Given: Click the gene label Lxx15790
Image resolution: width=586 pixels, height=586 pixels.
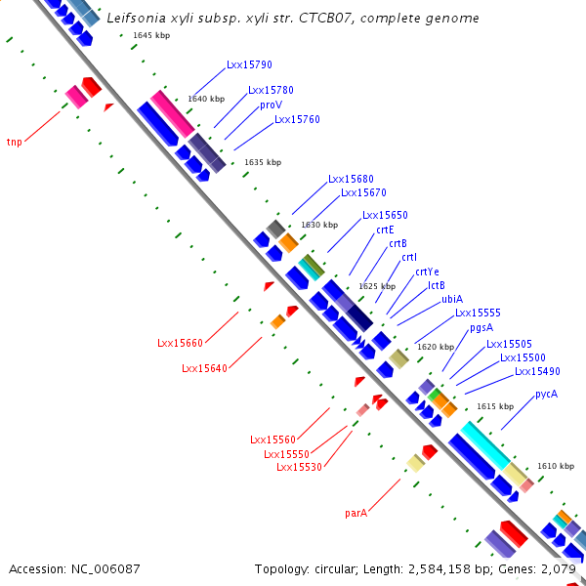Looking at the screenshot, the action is [x=249, y=64].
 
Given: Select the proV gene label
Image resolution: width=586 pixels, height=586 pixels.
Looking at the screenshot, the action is [x=271, y=105].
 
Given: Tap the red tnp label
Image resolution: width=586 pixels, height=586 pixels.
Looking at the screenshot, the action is [x=15, y=142].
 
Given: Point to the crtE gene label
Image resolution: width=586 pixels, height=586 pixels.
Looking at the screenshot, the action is [x=385, y=230].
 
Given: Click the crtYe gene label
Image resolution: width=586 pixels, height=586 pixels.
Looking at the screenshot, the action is [x=427, y=272].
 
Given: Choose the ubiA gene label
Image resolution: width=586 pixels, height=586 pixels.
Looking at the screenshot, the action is [x=452, y=299].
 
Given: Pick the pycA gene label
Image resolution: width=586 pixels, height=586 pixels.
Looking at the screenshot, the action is [x=546, y=395].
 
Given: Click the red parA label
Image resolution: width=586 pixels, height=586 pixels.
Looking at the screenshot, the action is [x=356, y=513].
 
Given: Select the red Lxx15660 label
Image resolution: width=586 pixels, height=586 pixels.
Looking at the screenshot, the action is [x=180, y=343].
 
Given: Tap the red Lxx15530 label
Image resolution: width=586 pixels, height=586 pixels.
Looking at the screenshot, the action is [x=299, y=467].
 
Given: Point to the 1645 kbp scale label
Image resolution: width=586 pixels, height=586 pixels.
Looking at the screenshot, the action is [x=151, y=35].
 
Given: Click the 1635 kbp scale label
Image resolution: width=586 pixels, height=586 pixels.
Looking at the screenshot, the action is [x=263, y=162].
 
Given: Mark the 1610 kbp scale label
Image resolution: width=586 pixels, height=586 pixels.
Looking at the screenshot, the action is [x=556, y=466].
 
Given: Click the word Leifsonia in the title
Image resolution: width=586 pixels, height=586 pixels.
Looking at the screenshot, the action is [x=136, y=18].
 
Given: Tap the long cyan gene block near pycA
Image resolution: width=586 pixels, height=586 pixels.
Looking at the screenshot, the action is [x=485, y=445].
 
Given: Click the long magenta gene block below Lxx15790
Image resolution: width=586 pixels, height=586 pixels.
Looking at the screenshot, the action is [x=172, y=114].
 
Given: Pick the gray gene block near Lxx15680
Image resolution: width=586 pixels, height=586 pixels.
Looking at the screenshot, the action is [x=276, y=230].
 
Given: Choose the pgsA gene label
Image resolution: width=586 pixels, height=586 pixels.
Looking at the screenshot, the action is [x=481, y=328].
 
